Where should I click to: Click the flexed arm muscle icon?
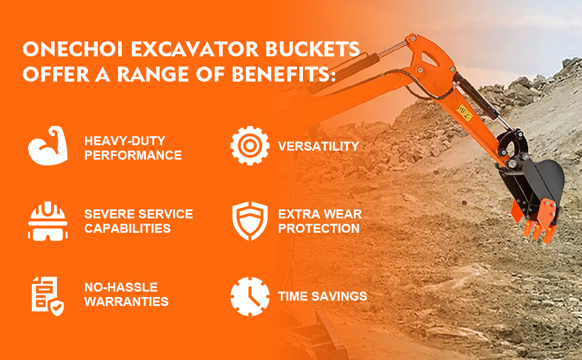(x=48, y=145)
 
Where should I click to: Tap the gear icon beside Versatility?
(x=250, y=145)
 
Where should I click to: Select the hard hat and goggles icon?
(x=48, y=221)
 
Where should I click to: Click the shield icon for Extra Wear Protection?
(x=250, y=221)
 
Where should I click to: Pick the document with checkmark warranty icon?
(x=47, y=296)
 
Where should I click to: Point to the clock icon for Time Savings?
(x=250, y=296)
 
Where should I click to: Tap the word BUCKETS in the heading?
(x=313, y=49)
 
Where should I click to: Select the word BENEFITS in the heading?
(x=281, y=74)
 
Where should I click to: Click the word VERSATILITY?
(x=319, y=146)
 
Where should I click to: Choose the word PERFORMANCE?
(x=133, y=155)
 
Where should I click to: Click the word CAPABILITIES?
(x=127, y=228)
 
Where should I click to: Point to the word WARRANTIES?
(x=126, y=301)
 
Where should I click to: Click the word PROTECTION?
(x=319, y=228)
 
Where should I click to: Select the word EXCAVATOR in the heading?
(x=194, y=49)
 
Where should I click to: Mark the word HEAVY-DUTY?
(x=125, y=141)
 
